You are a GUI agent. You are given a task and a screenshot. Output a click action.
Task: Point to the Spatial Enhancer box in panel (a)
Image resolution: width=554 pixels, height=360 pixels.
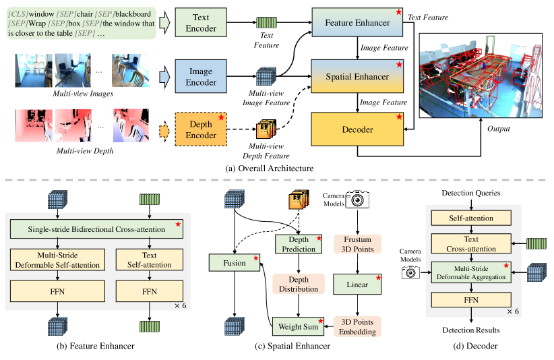coord(358,76)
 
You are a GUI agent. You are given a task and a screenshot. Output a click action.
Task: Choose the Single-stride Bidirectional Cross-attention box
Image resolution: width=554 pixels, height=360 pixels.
coord(96,229)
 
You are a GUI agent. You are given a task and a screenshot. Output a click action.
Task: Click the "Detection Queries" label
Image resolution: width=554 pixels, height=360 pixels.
coord(470,193)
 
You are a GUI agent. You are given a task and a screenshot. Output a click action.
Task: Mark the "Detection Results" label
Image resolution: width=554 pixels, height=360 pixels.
coord(470,330)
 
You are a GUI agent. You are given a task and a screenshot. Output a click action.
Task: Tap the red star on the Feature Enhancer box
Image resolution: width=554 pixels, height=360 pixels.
coord(400,12)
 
